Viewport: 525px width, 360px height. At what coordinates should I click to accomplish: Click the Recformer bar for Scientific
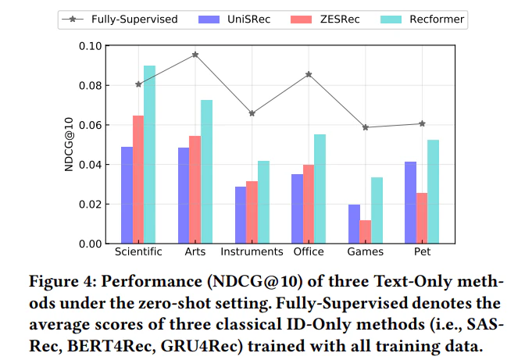(150, 155)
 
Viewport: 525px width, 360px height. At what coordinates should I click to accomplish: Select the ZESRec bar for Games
(366, 231)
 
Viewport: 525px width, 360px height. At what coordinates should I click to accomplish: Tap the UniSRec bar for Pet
(410, 202)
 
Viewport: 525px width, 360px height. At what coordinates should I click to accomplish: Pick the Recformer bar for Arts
(206, 172)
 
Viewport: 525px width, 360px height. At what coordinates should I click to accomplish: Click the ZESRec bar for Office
(309, 204)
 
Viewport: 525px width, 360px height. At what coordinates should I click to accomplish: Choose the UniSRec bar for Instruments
(241, 215)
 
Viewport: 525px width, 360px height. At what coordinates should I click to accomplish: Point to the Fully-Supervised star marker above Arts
(195, 55)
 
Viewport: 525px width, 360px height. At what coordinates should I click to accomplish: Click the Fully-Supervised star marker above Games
(366, 127)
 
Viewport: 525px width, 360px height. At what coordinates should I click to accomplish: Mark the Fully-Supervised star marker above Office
(309, 74)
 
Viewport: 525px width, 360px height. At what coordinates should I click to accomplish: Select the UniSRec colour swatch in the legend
(209, 20)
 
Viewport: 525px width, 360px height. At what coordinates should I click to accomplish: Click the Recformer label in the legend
(437, 20)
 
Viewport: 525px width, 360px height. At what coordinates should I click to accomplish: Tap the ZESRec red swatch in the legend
(301, 20)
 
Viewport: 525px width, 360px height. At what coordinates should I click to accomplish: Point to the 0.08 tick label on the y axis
(90, 86)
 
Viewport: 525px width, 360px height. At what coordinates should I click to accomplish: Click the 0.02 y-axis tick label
(90, 205)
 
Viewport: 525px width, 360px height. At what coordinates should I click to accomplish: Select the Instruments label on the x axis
(252, 251)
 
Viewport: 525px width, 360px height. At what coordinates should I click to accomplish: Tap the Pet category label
(422, 251)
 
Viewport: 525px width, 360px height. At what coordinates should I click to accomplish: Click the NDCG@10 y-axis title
(69, 144)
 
